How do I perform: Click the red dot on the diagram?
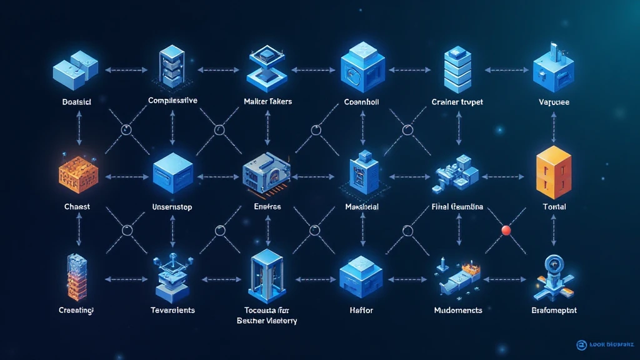(x=506, y=230)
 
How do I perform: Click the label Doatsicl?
(x=77, y=101)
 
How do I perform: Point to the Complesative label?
(x=172, y=100)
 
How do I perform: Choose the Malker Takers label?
(x=268, y=101)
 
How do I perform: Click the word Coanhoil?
(x=362, y=101)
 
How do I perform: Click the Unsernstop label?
(x=173, y=206)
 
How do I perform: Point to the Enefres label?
(x=267, y=206)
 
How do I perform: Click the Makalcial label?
(x=362, y=206)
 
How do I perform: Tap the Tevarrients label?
(x=172, y=310)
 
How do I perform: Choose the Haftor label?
(x=361, y=310)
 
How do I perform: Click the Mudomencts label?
(x=458, y=310)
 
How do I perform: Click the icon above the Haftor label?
(x=361, y=276)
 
